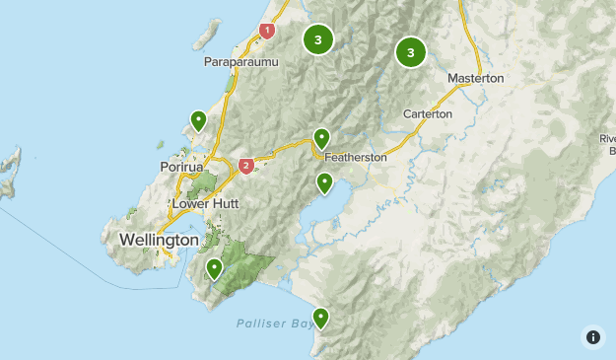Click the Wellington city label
(x=159, y=240)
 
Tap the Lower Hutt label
(x=206, y=203)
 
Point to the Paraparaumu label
(x=241, y=62)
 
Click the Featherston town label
(x=357, y=157)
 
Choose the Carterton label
(x=427, y=114)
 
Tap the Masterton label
(x=475, y=78)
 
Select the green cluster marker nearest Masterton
(x=410, y=51)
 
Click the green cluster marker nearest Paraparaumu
(x=317, y=39)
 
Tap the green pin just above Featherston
(x=320, y=138)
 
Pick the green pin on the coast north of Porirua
(x=198, y=120)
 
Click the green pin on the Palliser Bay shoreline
(x=320, y=318)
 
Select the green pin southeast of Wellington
(x=214, y=267)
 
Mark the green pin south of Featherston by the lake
(x=324, y=182)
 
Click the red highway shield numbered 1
(x=267, y=31)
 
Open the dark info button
(x=592, y=336)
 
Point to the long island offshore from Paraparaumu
(x=205, y=36)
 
